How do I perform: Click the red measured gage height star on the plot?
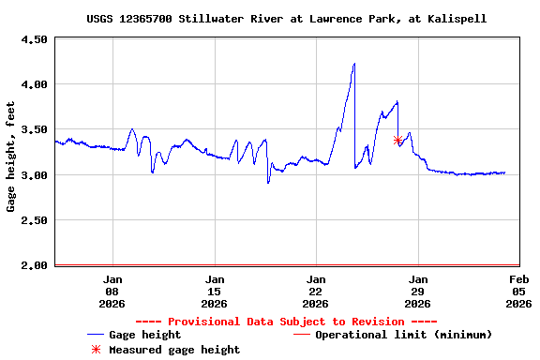(397, 141)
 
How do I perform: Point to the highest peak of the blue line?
(354, 64)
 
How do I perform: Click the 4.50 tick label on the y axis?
(34, 39)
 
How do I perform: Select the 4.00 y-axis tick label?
(34, 84)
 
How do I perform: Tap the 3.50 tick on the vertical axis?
(34, 129)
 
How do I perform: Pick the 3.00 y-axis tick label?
(34, 175)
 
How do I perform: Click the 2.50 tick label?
(34, 220)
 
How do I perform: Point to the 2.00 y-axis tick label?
(34, 265)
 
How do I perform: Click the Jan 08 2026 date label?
(112, 291)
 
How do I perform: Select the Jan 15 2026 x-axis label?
(215, 291)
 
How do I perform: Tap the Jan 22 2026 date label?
(316, 291)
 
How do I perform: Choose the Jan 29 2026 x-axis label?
(418, 291)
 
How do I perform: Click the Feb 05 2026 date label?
(519, 291)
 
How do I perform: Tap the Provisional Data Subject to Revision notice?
(286, 322)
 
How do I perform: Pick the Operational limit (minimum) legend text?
(403, 335)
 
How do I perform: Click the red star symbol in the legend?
(95, 350)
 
